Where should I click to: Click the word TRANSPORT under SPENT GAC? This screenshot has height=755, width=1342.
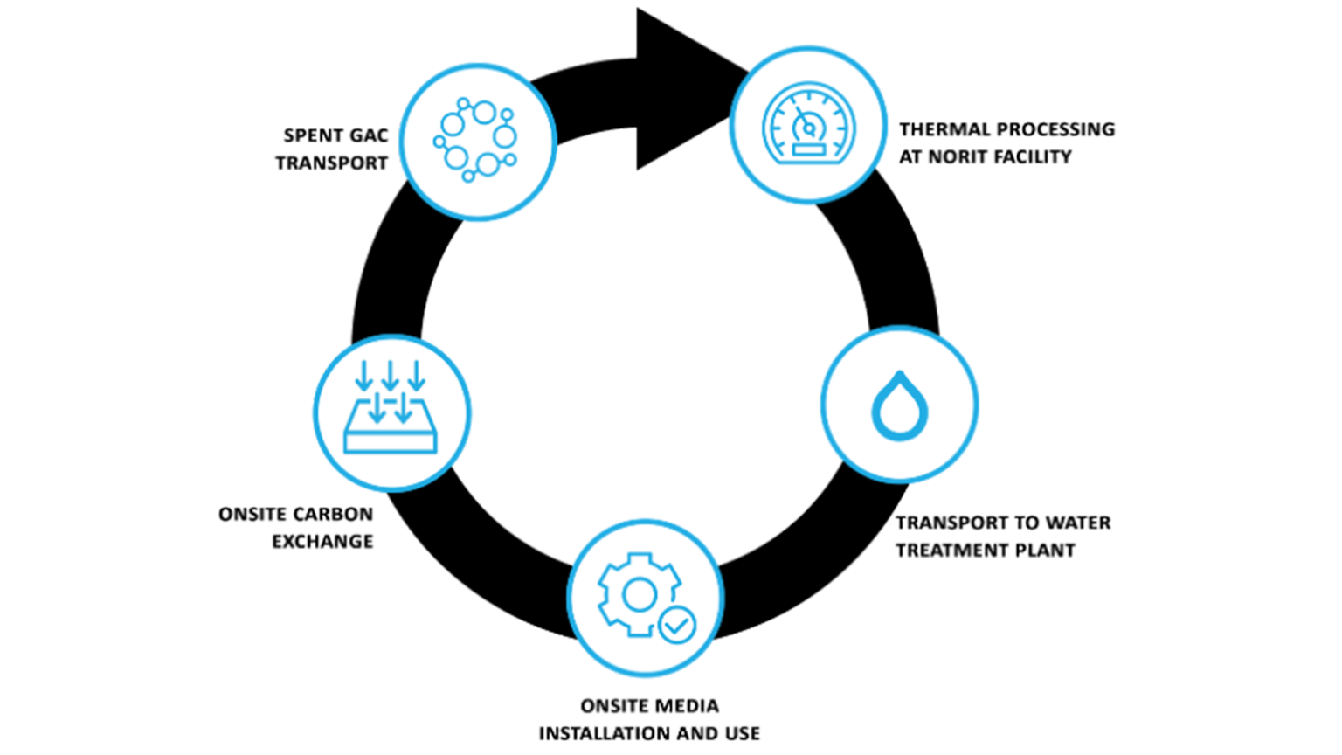click(x=332, y=163)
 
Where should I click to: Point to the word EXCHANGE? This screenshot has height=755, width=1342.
click(x=323, y=541)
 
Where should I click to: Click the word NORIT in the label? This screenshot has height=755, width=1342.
click(x=962, y=157)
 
